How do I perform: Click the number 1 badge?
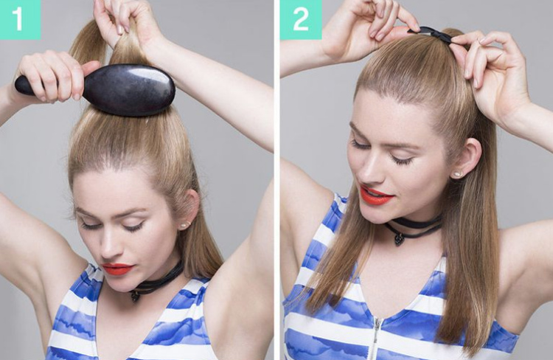pyautogui.click(x=20, y=19)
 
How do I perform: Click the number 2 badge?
pyautogui.click(x=301, y=19)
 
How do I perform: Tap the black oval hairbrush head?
pyautogui.click(x=129, y=90)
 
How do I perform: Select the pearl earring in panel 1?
pyautogui.click(x=184, y=225)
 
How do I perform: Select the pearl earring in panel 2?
pyautogui.click(x=456, y=174)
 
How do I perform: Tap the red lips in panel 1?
pyautogui.click(x=117, y=269)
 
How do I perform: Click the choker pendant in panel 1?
pyautogui.click(x=135, y=296)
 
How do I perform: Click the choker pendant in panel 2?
pyautogui.click(x=399, y=240)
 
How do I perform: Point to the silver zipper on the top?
pyautogui.click(x=377, y=338)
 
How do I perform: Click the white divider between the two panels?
pyautogui.click(x=276, y=180)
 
